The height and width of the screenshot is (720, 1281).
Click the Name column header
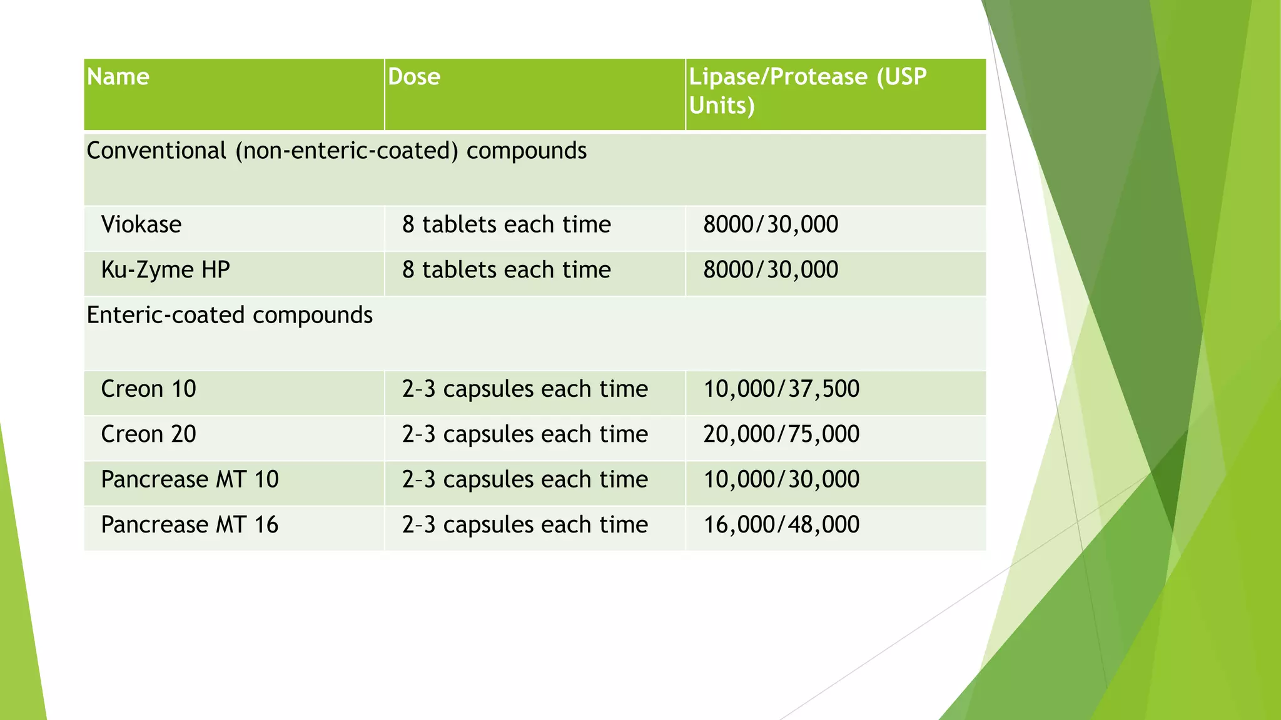pos(118,77)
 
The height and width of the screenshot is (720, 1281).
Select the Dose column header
pos(414,77)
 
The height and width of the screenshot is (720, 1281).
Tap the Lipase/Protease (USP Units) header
pos(807,91)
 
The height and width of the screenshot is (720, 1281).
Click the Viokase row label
pos(141,224)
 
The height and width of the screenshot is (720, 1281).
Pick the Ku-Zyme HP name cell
pos(166,270)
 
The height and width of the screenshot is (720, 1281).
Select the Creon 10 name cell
pos(149,389)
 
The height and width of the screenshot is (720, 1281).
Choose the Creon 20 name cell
pos(149,434)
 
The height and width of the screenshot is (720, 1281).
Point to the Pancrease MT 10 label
pos(190,479)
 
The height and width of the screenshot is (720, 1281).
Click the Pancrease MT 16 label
pos(190,525)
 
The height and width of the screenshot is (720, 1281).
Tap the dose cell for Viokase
pos(506,224)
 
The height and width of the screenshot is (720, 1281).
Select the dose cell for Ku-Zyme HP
pos(506,270)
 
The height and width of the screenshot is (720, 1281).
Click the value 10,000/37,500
pos(781,389)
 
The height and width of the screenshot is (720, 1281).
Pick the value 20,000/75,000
pos(781,434)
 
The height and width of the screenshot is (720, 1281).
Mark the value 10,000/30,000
pos(781,479)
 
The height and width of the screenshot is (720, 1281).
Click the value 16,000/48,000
pos(781,525)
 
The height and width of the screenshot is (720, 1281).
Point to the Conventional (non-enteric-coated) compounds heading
pos(337,151)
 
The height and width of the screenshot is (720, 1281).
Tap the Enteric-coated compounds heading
pos(230,315)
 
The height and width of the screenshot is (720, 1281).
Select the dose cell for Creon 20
pos(525,434)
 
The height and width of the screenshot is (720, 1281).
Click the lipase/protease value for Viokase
pos(771,224)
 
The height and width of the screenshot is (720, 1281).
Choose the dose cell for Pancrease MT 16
pos(525,525)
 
